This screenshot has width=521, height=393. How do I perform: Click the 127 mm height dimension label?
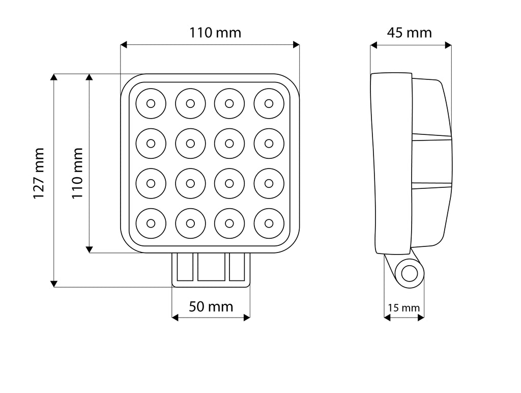tap(39, 174)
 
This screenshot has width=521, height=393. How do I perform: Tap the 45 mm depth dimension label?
tap(410, 33)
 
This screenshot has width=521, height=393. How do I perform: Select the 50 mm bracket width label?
tap(211, 306)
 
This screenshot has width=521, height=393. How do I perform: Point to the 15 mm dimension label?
tap(403, 308)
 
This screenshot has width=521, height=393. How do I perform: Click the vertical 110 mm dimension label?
tap(77, 174)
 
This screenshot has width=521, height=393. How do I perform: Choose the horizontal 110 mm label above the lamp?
tap(215, 33)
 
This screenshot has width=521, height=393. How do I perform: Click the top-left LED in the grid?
tap(151, 103)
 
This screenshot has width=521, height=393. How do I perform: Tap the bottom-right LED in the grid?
tap(269, 223)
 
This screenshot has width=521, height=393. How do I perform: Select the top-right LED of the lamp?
tap(269, 103)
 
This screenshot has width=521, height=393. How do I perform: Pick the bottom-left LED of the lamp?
tap(151, 223)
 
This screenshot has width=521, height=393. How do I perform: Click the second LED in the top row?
tap(190, 103)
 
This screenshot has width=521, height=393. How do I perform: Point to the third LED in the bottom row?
tap(229, 223)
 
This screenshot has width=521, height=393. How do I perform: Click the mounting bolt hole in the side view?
tap(410, 274)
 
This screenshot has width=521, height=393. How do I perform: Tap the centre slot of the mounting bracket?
tap(211, 267)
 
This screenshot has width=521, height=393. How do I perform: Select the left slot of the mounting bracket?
tap(185, 267)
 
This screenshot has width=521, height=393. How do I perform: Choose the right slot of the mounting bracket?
tap(237, 267)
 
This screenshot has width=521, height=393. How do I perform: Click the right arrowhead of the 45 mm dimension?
tap(448, 45)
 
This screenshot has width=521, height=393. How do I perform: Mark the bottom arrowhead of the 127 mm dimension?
tap(53, 284)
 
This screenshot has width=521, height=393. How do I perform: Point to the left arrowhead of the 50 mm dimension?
tap(175, 318)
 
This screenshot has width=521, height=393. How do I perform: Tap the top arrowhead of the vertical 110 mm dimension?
tap(89, 77)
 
